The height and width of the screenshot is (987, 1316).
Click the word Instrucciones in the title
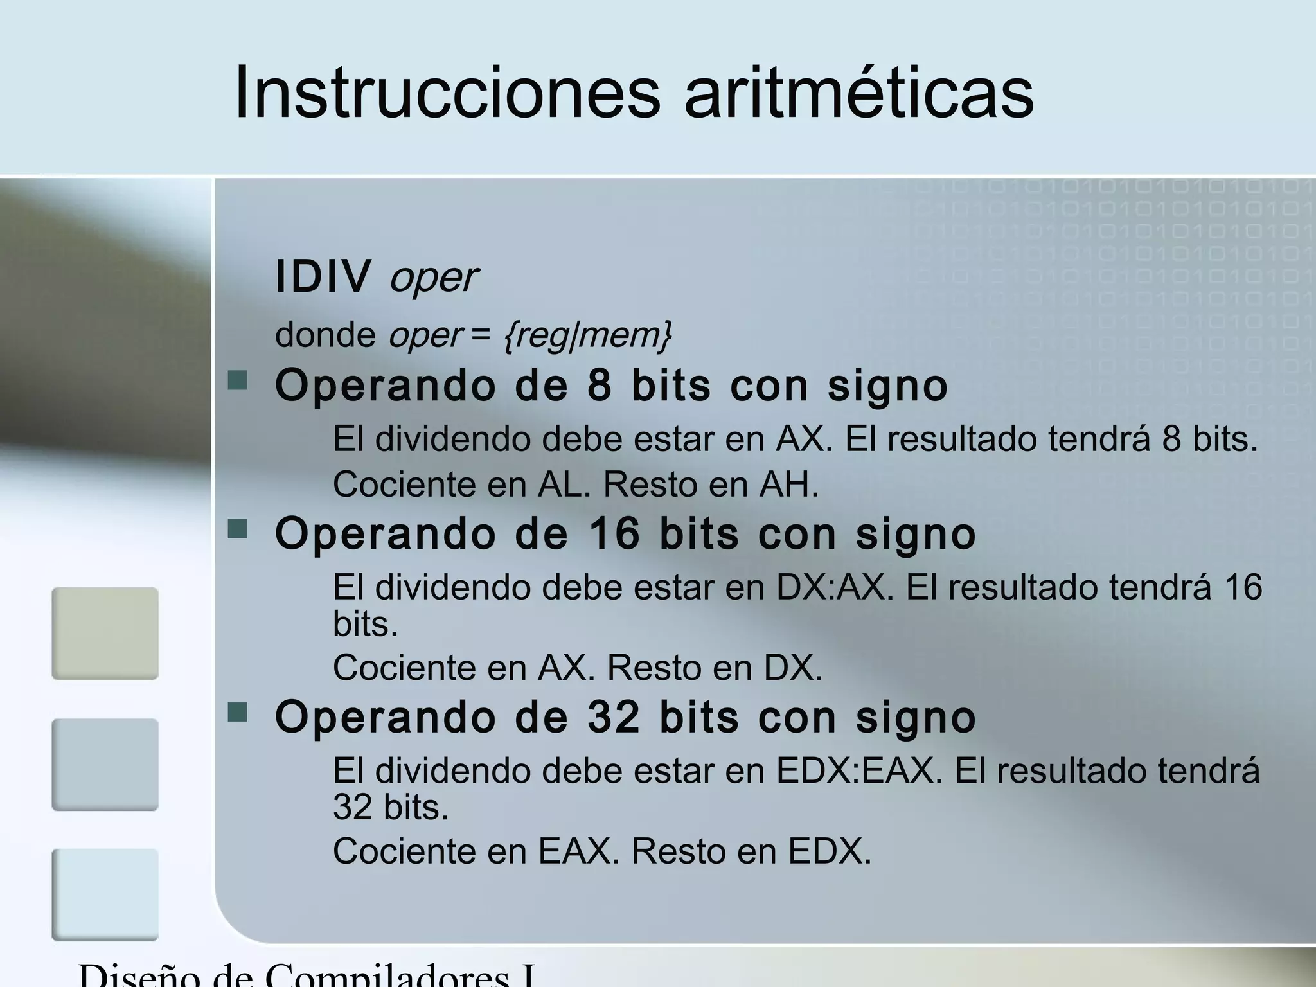(447, 93)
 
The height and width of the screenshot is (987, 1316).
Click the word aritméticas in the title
(858, 93)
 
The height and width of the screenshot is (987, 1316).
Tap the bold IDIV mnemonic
(323, 276)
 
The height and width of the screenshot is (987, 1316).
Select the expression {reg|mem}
(587, 335)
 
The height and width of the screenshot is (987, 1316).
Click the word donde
(325, 335)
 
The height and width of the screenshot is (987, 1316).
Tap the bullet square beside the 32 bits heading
(238, 712)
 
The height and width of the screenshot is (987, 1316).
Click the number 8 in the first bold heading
(599, 386)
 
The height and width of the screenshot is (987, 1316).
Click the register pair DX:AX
(834, 587)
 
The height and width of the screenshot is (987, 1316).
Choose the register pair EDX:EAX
(859, 770)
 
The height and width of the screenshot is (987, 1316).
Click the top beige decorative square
(105, 633)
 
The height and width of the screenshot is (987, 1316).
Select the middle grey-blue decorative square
(105, 764)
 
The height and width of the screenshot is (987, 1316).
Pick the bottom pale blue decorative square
(105, 894)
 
